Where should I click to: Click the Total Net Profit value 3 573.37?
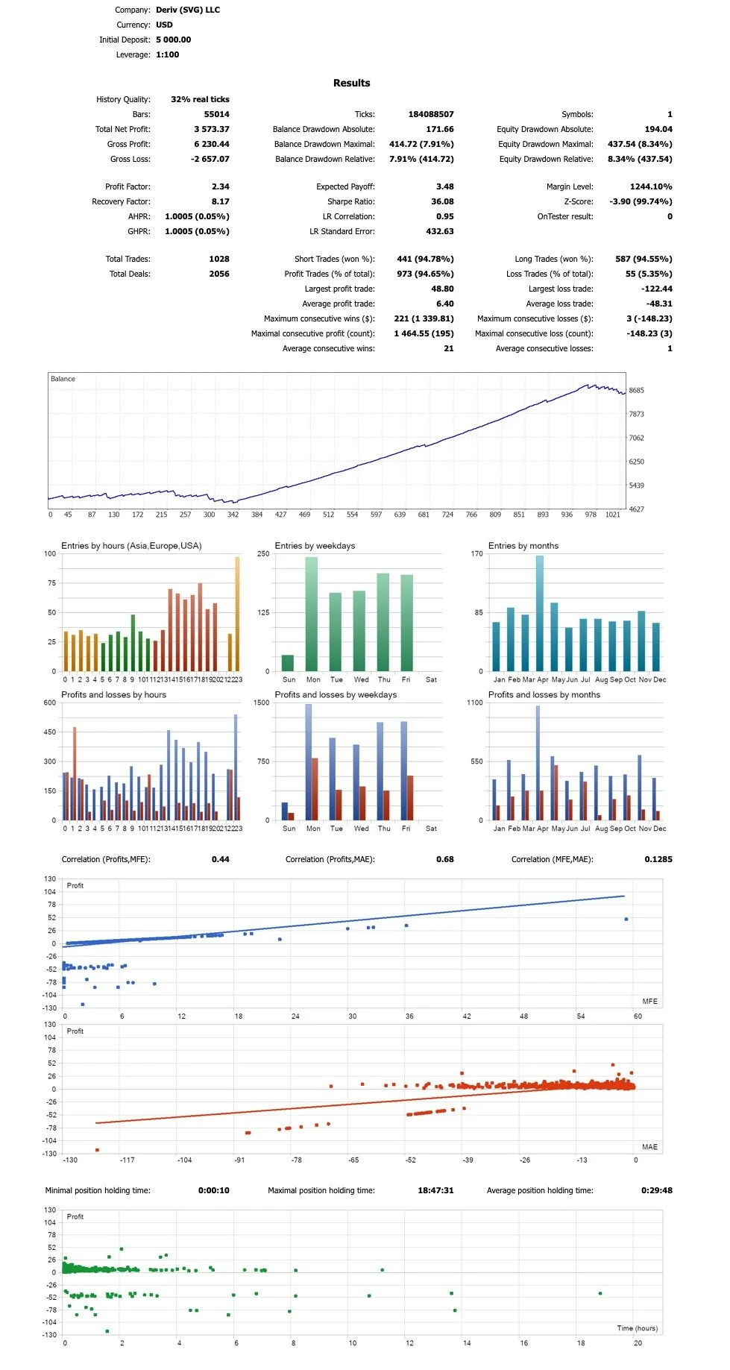tap(211, 129)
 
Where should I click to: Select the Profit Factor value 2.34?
tap(220, 186)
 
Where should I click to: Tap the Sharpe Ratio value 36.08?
tap(442, 201)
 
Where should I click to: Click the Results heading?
tap(351, 83)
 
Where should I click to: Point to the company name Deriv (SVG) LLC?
tap(187, 10)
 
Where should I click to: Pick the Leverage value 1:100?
tap(167, 54)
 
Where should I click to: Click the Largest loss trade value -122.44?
tap(657, 289)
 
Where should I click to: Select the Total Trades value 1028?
tap(219, 259)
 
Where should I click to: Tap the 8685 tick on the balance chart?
tap(636, 390)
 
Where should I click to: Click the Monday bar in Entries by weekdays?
tap(312, 614)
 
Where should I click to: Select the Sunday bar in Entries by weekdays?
tap(288, 662)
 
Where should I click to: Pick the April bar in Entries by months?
tap(540, 613)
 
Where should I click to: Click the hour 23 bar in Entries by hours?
tap(237, 614)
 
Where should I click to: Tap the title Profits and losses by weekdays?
tap(336, 694)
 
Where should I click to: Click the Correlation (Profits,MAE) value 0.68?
tap(444, 859)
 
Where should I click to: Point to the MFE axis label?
tap(649, 1001)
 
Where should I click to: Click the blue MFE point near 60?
tap(626, 919)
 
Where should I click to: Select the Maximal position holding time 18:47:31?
tap(435, 1190)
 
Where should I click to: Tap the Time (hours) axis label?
tap(637, 1327)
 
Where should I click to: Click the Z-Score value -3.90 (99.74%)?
tap(641, 201)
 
